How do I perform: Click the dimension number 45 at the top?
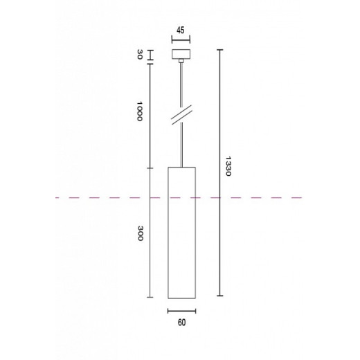pos(181,30)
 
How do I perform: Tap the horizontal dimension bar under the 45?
pos(181,40)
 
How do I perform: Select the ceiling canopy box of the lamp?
pos(181,55)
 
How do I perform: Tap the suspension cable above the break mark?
pos(181,87)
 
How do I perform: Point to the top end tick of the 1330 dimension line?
pos(220,50)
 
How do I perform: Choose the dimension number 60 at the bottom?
pos(181,321)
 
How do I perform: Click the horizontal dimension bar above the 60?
pos(181,309)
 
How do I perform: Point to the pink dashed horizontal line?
pos(277,198)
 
